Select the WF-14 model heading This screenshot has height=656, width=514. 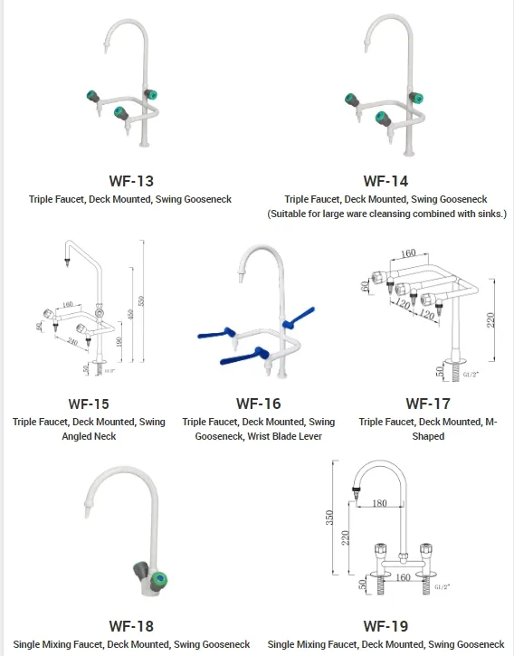[385, 181]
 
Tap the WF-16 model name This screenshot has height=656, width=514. [258, 404]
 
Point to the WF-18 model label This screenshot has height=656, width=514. [131, 626]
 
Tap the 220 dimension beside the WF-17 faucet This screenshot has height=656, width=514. [492, 320]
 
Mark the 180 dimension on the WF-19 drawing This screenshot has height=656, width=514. [378, 503]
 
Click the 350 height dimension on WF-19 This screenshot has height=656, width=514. [331, 518]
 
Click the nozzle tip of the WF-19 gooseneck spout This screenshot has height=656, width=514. [357, 497]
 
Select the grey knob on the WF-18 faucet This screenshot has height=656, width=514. [138, 571]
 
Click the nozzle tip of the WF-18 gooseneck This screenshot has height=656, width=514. [87, 515]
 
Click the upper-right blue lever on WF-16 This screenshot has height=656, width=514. [299, 314]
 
